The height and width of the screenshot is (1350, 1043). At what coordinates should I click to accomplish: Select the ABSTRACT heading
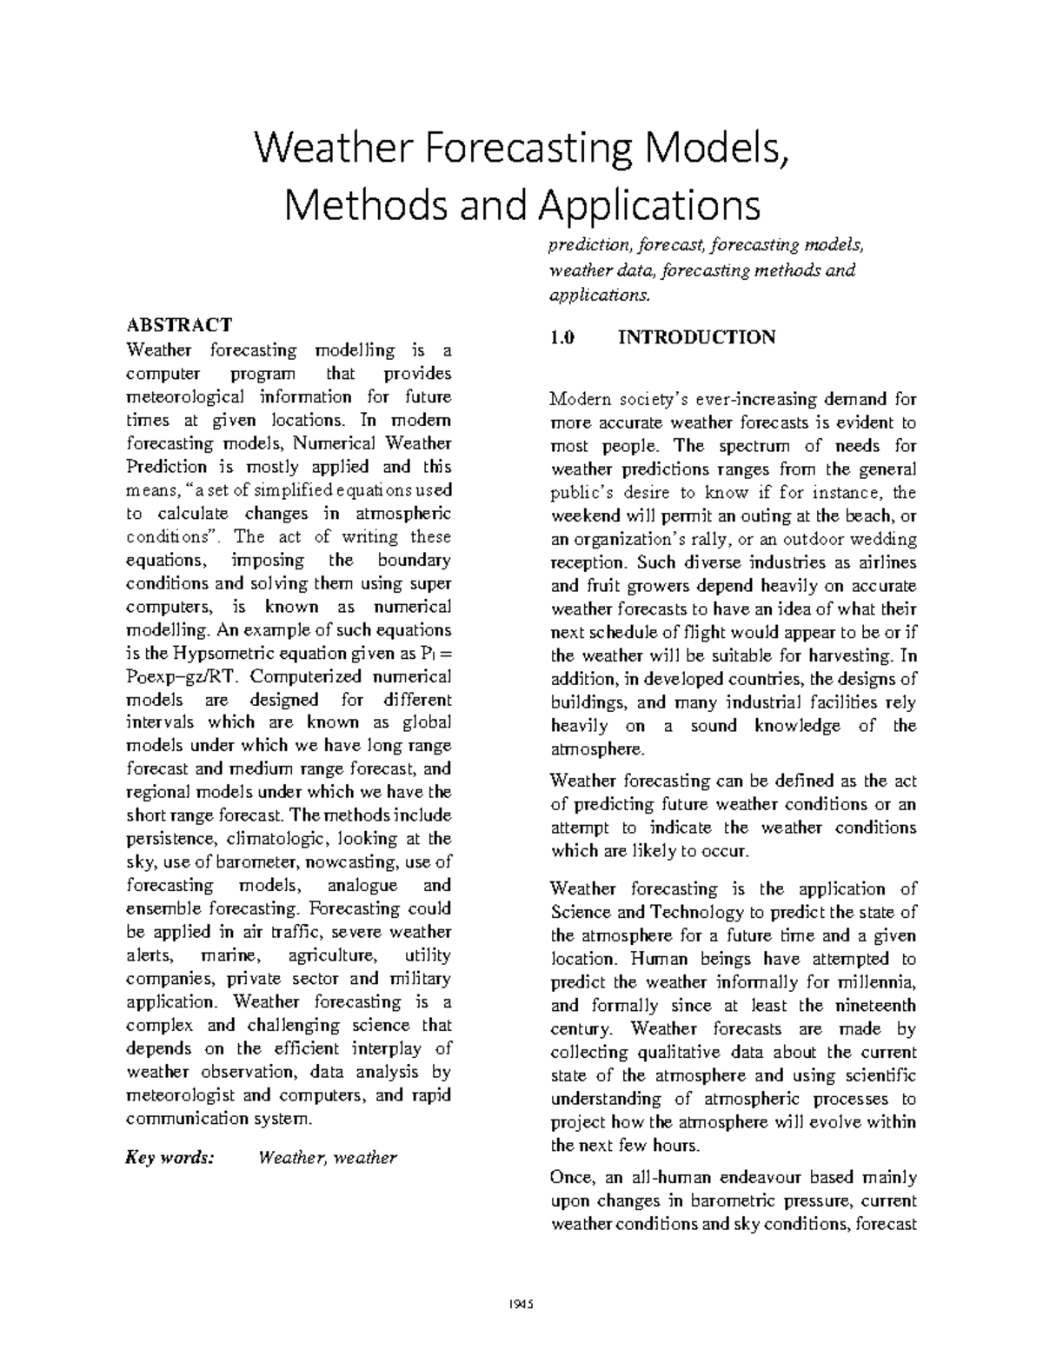coord(180,325)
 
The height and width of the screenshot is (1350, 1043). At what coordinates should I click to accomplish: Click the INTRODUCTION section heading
coord(696,337)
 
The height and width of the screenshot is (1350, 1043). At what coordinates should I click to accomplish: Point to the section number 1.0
coord(562,337)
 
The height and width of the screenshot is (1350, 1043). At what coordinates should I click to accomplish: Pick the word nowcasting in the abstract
coord(355,862)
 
